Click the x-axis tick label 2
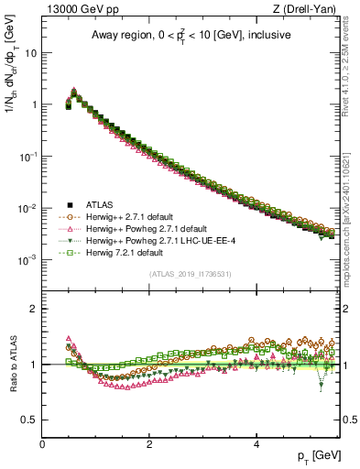149,443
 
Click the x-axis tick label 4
256,443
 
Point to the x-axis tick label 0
42,443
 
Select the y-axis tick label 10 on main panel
30,52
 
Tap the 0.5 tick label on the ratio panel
28,420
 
